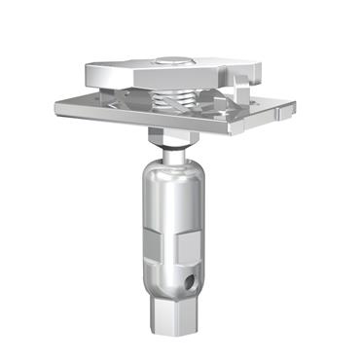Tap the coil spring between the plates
[x=173, y=98]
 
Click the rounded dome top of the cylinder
[x=173, y=167]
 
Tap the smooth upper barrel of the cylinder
[x=172, y=199]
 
